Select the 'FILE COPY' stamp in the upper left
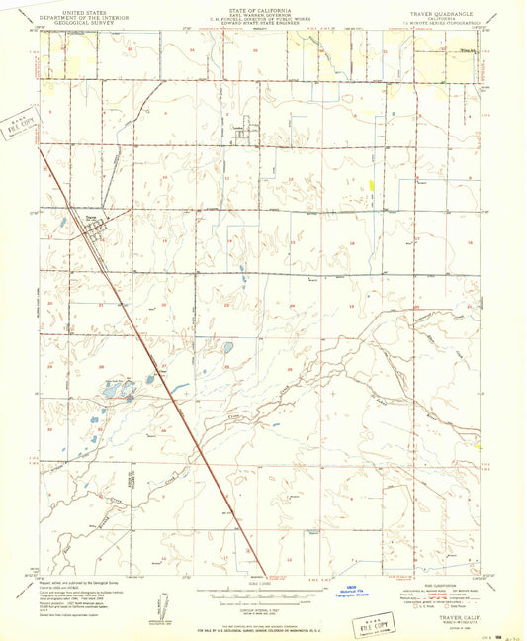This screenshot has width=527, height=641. point(19,124)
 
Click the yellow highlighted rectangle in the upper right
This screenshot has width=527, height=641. point(372,185)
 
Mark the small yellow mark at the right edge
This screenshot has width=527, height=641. point(478,445)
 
